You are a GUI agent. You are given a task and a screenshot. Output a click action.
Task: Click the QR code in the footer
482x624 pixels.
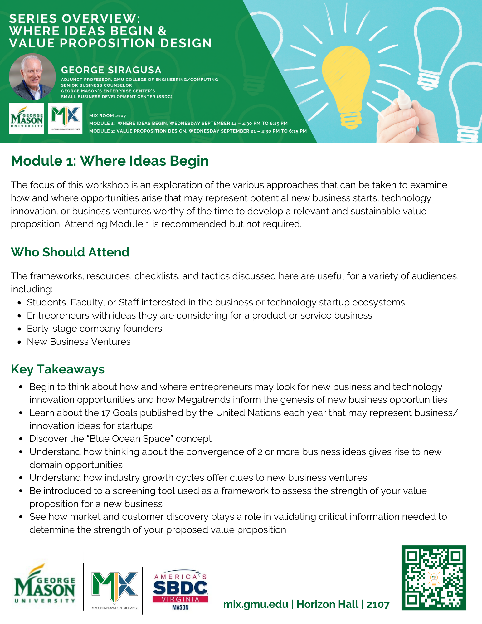[434, 578]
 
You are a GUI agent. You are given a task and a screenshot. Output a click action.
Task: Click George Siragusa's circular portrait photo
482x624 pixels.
[32, 77]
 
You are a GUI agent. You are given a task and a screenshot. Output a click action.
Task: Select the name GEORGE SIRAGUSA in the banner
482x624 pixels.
[111, 70]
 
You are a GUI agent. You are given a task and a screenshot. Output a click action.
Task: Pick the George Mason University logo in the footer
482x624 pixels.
[45, 584]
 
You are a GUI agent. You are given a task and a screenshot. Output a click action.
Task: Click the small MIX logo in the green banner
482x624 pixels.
[65, 118]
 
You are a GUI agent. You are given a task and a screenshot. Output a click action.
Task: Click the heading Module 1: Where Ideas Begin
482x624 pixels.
[110, 161]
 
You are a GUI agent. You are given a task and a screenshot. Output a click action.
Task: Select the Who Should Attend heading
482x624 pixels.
[70, 252]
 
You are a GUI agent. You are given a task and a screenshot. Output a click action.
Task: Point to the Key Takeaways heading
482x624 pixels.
[57, 369]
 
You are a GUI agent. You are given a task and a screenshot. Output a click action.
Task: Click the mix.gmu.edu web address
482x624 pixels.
[256, 604]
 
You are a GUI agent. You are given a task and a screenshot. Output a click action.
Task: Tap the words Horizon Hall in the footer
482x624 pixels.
[327, 604]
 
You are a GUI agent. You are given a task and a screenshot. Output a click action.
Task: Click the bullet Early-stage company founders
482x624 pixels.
[94, 329]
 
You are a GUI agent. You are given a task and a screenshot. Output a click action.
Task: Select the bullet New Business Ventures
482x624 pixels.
[79, 342]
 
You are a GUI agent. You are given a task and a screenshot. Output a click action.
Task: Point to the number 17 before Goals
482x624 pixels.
[105, 413]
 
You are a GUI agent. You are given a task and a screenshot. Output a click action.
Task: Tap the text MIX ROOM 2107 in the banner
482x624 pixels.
[108, 115]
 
